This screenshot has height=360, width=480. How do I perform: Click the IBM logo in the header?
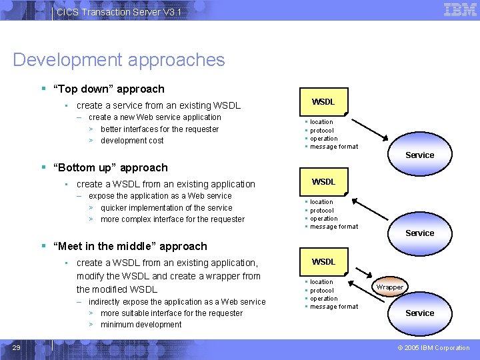tap(460, 10)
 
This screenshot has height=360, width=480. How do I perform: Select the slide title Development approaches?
tap(119, 60)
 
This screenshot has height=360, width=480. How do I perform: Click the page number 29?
tap(17, 347)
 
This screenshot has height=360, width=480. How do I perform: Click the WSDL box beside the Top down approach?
tap(323, 102)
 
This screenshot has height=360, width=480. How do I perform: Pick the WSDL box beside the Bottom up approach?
tap(323, 182)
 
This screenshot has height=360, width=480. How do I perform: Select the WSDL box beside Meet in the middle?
tap(323, 262)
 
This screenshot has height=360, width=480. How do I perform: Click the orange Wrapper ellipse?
tap(389, 287)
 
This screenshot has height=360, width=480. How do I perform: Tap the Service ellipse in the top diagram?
tap(419, 155)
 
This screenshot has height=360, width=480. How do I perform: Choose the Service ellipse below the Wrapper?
tap(419, 313)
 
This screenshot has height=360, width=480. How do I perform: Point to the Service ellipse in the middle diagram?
tap(419, 233)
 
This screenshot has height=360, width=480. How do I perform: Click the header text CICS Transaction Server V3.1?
tap(119, 12)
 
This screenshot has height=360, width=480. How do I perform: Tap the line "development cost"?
tap(132, 141)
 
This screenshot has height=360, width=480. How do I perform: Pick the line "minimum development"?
tap(141, 325)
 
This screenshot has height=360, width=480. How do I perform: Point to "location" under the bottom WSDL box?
tap(321, 282)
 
